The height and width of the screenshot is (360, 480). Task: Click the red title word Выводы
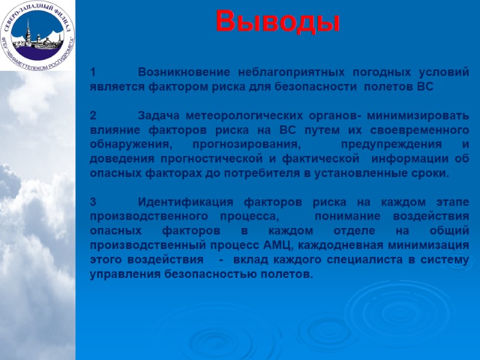pos(278,22)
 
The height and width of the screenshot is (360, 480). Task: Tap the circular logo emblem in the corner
pos(37,34)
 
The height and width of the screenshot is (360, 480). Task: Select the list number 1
pos(93,73)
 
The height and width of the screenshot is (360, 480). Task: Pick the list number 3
pos(93,202)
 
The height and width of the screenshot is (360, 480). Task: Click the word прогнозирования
pos(247,145)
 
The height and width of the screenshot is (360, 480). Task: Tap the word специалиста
pos(362,260)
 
